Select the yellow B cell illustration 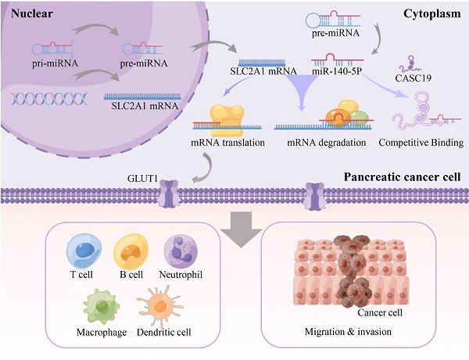(129, 252)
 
